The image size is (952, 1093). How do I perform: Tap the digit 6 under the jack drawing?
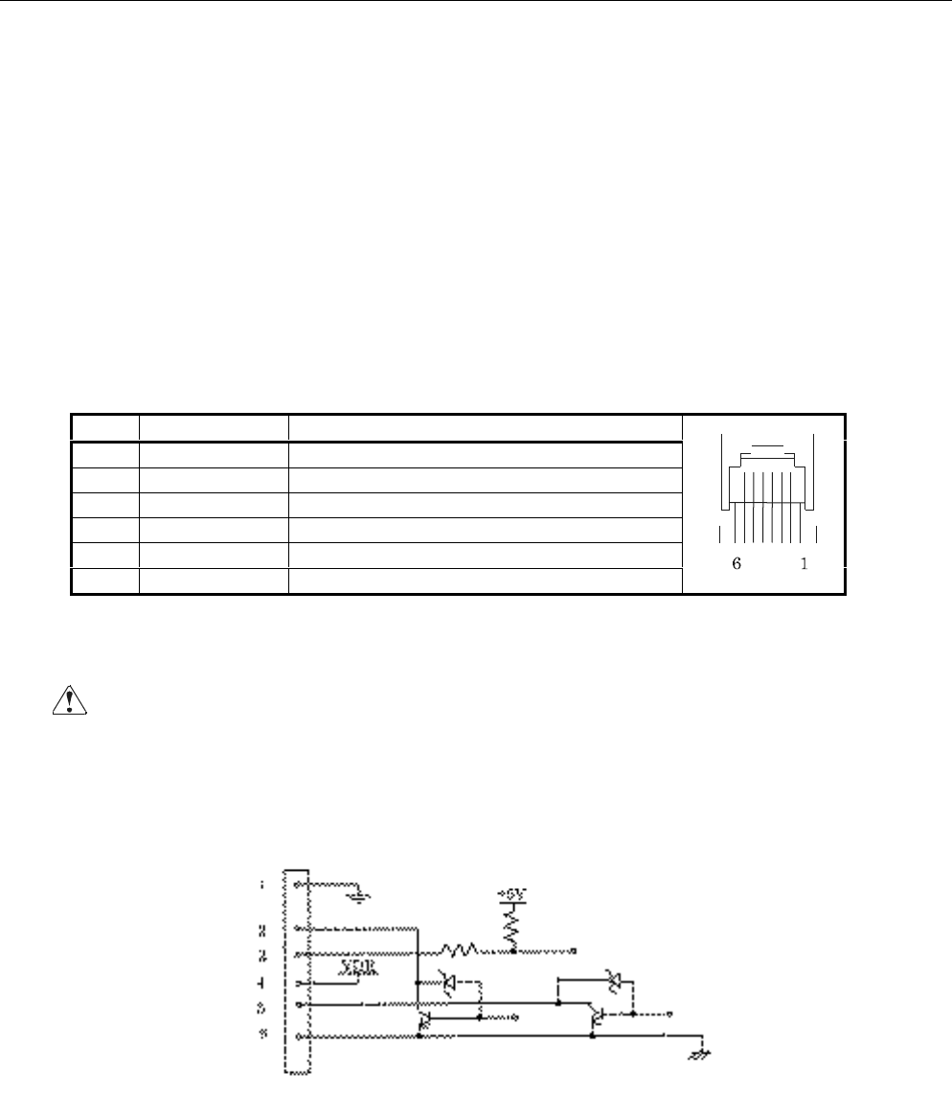737,565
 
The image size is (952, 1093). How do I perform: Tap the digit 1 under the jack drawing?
805,565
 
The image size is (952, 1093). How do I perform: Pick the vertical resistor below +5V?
513,925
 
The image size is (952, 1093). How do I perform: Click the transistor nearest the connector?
425,1022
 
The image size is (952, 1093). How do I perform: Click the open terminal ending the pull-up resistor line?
574,951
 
